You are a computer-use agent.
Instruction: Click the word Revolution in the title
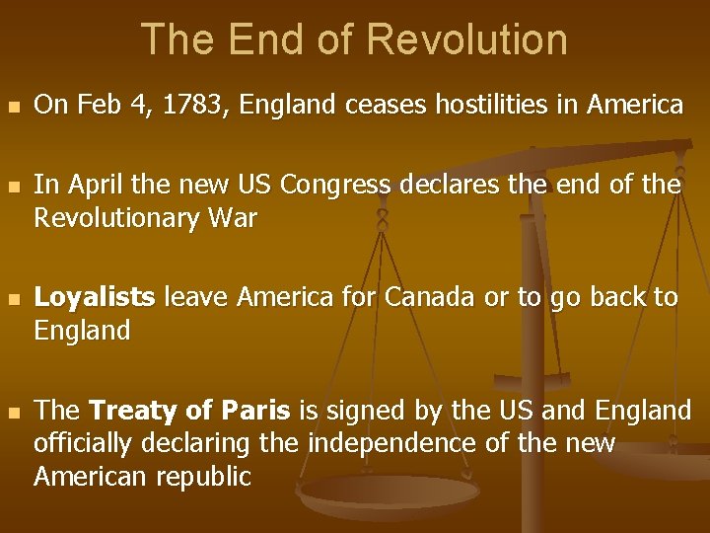tap(466, 39)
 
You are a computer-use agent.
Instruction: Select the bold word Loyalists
tap(95, 297)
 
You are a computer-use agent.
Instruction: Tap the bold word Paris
tap(255, 410)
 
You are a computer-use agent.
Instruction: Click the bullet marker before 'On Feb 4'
tap(13, 106)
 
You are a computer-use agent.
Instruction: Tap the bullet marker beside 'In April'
tap(13, 186)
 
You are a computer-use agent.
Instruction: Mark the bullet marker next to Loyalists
tap(13, 298)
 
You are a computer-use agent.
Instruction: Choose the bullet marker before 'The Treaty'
tap(13, 411)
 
